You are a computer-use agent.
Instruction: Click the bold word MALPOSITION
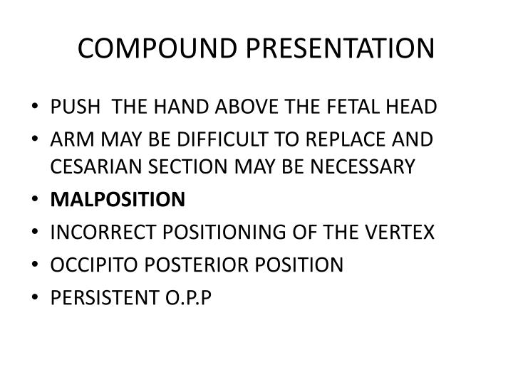coord(117,199)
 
